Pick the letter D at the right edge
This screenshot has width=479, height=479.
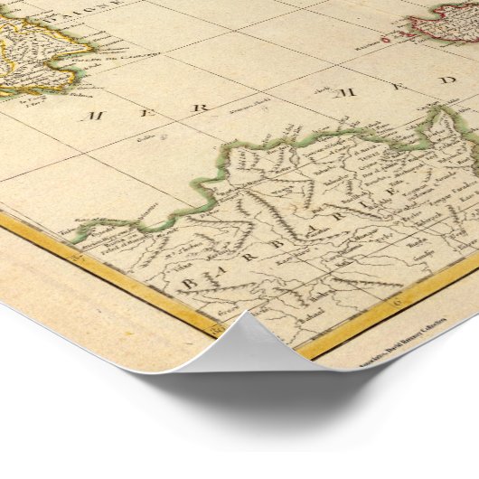click(448, 80)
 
